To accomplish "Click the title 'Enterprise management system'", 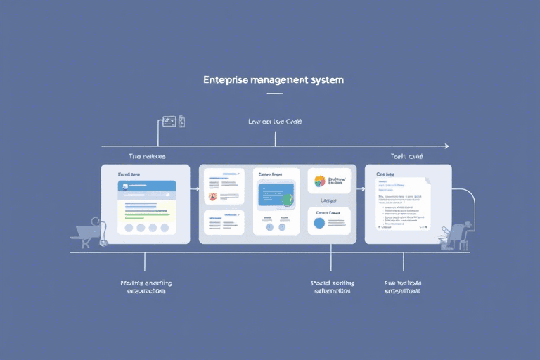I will tap(274, 80).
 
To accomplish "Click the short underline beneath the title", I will tap(274, 94).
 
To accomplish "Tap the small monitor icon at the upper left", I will tap(169, 122).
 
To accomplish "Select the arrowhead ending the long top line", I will tap(445, 146).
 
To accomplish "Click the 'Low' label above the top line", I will tap(255, 122).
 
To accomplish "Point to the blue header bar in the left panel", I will tap(146, 186).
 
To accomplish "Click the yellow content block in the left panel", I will tap(146, 210).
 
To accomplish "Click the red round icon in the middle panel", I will tap(213, 197).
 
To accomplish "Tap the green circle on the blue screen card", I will tap(287, 199).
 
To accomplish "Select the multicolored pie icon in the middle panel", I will tap(320, 181).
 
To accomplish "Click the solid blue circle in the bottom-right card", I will tap(319, 223).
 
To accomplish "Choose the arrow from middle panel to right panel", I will tap(359, 188).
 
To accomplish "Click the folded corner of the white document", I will tap(426, 181).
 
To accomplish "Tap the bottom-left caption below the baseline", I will tap(146, 288).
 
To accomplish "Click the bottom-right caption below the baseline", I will tap(403, 288).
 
